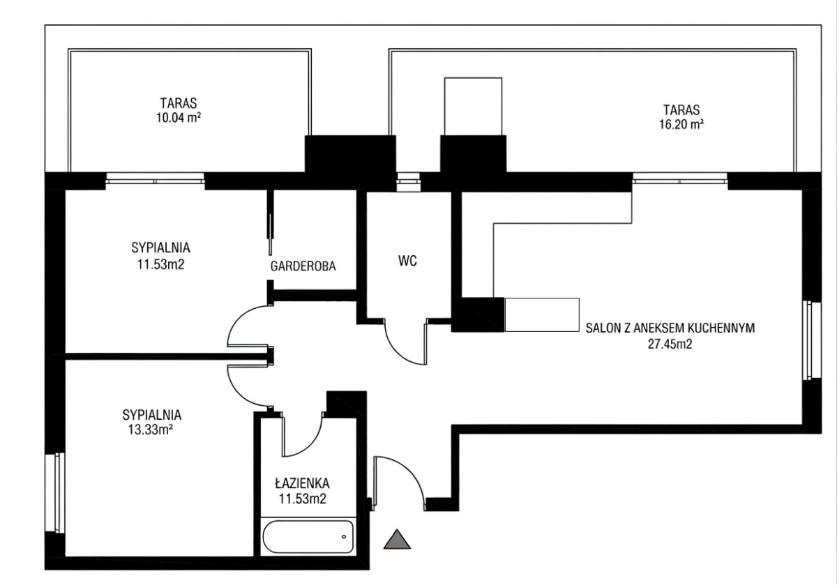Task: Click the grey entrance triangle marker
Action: pyautogui.click(x=397, y=540)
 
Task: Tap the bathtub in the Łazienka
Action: pyautogui.click(x=308, y=537)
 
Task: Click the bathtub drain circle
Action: pyautogui.click(x=344, y=537)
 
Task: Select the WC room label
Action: pyautogui.click(x=407, y=261)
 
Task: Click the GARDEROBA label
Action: pyautogui.click(x=303, y=266)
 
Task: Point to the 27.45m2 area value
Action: pyautogui.click(x=670, y=344)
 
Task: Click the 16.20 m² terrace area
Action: pyautogui.click(x=681, y=124)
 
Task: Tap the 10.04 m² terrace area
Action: pyautogui.click(x=179, y=118)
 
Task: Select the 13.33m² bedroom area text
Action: pyautogui.click(x=151, y=430)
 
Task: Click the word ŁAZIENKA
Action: pyautogui.click(x=303, y=483)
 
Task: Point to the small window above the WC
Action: pyautogui.click(x=409, y=182)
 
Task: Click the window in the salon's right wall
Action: pyautogui.click(x=812, y=341)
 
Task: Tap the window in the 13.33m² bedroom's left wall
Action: pyautogui.click(x=55, y=492)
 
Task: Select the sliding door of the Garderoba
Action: pyautogui.click(x=270, y=222)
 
